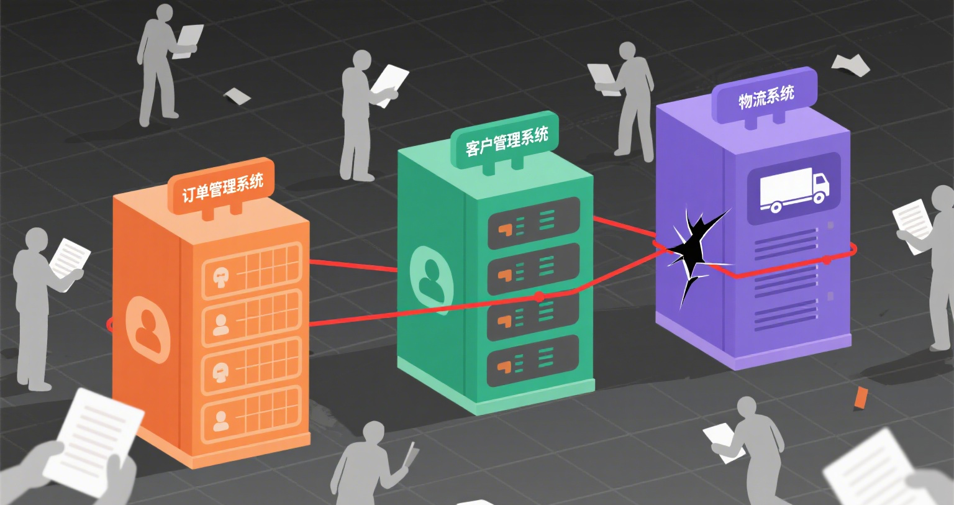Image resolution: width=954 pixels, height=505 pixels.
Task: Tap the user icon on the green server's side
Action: point(430,280)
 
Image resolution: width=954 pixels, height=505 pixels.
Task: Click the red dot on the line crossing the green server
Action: point(539,297)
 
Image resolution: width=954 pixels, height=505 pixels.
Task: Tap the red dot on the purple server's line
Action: point(826,260)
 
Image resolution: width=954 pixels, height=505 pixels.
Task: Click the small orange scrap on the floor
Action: point(861,397)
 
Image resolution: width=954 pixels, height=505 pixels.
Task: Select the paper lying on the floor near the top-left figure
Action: point(237,96)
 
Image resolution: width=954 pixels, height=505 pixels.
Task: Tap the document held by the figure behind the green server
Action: point(389,84)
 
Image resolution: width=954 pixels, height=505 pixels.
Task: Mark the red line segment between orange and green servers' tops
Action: point(353,266)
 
